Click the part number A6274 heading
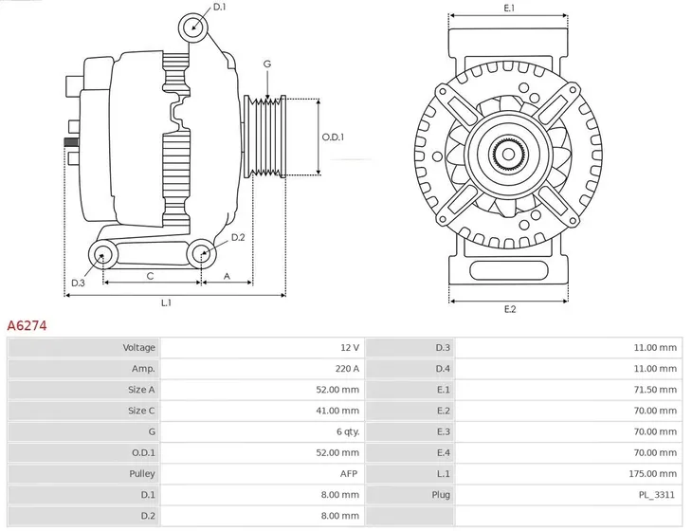(27, 325)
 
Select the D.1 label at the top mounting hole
(220, 8)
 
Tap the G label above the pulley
(267, 64)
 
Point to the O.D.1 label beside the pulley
(333, 137)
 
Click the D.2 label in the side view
(238, 237)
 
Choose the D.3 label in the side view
(79, 283)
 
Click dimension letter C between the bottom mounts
(150, 276)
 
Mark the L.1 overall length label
(166, 303)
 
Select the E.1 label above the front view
(509, 9)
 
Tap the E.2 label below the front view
(509, 310)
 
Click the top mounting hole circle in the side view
(193, 25)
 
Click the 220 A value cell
(348, 369)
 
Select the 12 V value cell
(350, 348)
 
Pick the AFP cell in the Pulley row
(349, 473)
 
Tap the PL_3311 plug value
(658, 494)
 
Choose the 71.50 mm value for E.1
(657, 390)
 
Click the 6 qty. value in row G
(345, 431)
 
